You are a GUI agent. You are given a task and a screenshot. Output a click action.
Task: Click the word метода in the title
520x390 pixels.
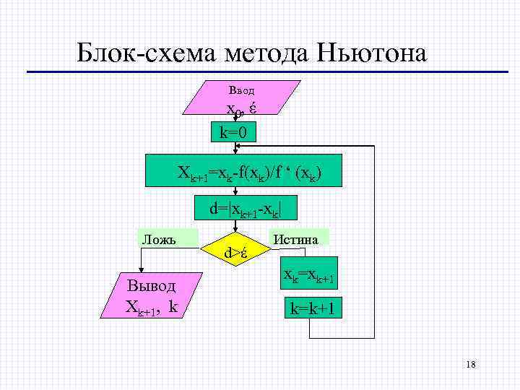(x=266, y=52)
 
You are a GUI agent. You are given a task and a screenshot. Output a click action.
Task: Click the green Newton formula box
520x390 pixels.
(x=250, y=171)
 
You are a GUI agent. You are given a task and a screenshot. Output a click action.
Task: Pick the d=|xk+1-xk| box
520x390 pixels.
(x=245, y=209)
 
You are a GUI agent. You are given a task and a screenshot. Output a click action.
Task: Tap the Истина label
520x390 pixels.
(x=299, y=238)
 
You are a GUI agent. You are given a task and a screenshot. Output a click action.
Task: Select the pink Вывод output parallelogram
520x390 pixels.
(x=151, y=295)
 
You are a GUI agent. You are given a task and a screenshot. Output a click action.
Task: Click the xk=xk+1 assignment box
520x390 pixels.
(x=308, y=277)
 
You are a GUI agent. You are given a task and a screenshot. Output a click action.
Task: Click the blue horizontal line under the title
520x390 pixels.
(x=267, y=71)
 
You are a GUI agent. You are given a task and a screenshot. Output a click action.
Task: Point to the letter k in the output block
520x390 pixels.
(x=173, y=306)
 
